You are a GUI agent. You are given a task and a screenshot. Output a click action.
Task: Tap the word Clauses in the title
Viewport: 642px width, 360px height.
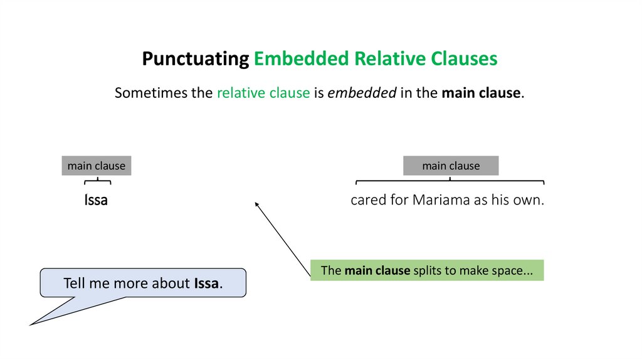[465, 59]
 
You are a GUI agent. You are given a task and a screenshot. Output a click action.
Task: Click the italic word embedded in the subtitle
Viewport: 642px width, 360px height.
[362, 93]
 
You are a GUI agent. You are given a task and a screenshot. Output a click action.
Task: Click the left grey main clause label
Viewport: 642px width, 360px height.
[97, 166]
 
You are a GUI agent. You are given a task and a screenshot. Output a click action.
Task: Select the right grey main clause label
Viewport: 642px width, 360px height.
[451, 166]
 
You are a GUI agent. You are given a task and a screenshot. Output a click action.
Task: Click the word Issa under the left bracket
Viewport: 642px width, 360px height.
[96, 201]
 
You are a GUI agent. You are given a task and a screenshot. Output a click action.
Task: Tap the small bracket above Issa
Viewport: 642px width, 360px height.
[97, 181]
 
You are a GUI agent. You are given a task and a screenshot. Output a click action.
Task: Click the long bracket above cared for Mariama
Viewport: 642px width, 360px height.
[450, 181]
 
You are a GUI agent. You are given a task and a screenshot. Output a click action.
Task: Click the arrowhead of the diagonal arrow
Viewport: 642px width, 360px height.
[256, 203]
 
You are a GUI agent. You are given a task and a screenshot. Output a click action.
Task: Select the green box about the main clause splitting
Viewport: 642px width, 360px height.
[426, 270]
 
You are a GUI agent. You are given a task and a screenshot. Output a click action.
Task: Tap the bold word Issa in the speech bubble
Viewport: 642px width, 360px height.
[207, 283]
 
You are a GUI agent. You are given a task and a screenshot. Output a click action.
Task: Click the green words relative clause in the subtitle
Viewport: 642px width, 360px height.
[263, 93]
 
